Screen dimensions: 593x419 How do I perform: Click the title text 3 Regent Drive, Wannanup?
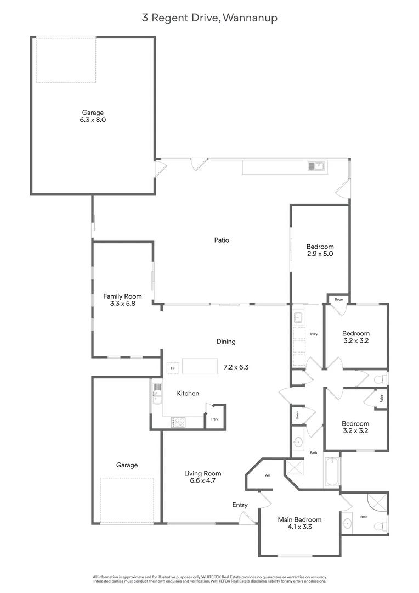click(209, 18)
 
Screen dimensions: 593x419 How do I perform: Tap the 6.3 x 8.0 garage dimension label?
click(93, 120)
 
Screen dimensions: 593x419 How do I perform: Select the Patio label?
click(222, 240)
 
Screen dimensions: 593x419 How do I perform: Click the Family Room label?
click(122, 296)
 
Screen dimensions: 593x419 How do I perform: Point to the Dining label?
click(226, 342)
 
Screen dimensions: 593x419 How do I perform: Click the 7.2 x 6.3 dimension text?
click(236, 367)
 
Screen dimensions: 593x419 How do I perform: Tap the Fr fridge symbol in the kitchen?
click(172, 368)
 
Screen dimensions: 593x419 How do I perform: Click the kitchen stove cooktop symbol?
click(179, 422)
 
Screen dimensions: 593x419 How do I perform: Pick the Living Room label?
click(202, 473)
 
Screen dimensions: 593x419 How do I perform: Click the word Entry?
click(240, 505)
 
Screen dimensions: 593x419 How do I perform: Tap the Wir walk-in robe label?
click(268, 475)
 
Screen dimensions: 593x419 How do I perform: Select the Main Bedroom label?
click(299, 519)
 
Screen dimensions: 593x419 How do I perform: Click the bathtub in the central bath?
click(332, 472)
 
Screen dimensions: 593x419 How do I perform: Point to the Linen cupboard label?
click(297, 414)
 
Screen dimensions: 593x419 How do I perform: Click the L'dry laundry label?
click(314, 334)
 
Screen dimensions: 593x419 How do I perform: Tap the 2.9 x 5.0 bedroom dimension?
click(320, 254)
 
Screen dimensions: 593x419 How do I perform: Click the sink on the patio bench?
click(316, 165)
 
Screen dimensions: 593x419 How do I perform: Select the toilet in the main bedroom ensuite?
click(380, 526)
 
